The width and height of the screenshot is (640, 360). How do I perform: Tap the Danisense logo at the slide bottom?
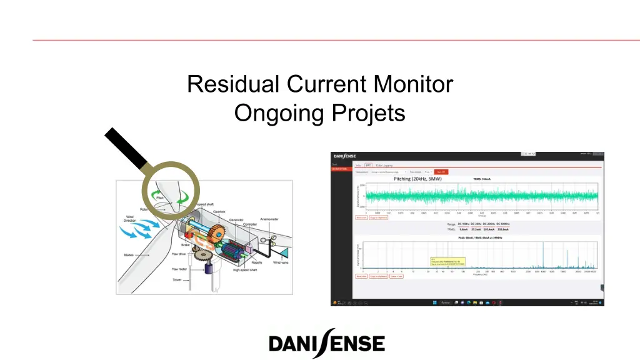[327, 343]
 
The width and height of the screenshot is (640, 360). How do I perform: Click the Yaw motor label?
[179, 269]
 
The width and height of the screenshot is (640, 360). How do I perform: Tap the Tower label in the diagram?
[177, 279]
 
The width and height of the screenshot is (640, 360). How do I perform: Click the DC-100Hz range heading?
[466, 224]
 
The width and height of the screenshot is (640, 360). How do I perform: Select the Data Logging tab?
[384, 165]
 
